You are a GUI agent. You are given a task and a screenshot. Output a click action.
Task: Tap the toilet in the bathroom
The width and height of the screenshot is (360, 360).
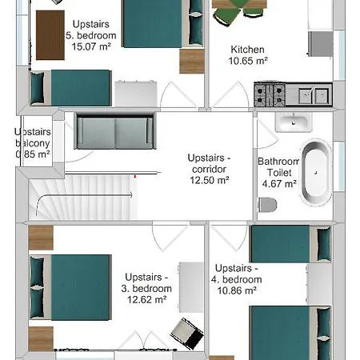(x=267, y=205)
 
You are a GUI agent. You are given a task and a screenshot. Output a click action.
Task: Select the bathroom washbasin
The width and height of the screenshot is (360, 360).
(x=294, y=122)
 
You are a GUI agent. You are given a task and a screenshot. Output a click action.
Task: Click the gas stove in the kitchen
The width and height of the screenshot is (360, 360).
(x=270, y=94)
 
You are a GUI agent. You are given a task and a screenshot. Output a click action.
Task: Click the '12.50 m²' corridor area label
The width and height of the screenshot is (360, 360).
(x=210, y=180)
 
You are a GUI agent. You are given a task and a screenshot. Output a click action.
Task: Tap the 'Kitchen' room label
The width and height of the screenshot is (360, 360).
(x=247, y=50)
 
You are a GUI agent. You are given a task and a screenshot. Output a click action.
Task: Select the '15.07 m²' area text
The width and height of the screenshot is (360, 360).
(x=91, y=46)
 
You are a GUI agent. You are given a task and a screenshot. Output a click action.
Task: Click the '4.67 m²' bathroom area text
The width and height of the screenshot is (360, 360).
(x=279, y=184)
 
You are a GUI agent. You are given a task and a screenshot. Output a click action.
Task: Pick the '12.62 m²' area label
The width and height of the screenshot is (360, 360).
(x=146, y=299)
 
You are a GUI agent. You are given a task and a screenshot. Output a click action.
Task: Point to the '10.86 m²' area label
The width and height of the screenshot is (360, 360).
(x=237, y=290)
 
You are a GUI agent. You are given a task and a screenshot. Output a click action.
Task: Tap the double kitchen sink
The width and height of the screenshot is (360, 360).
(x=314, y=95)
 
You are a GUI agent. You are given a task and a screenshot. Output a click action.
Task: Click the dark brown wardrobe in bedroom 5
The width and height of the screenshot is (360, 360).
(x=50, y=35)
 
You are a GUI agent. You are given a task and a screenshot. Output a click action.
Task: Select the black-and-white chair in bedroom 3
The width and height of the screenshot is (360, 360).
(x=187, y=334)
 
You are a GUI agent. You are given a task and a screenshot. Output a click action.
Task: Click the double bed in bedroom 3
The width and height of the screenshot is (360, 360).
(x=70, y=287)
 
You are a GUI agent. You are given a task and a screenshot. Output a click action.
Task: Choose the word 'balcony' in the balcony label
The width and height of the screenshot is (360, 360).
(x=33, y=143)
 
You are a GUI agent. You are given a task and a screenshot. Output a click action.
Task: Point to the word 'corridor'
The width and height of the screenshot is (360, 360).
(x=210, y=169)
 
